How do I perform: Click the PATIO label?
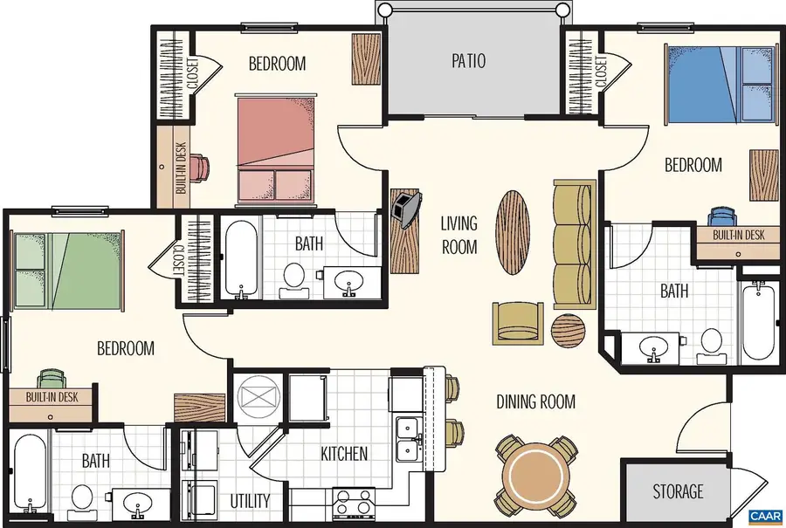pyautogui.click(x=468, y=61)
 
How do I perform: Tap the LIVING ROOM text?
pyautogui.click(x=458, y=235)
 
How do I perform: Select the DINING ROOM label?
pyautogui.click(x=535, y=401)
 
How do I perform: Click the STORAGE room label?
pyautogui.click(x=678, y=492)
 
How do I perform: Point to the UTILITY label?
pyautogui.click(x=251, y=501)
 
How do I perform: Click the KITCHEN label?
pyautogui.click(x=343, y=454)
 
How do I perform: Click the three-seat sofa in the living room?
pyautogui.click(x=574, y=236)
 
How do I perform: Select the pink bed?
pyautogui.click(x=275, y=148)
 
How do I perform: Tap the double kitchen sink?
pyautogui.click(x=408, y=439)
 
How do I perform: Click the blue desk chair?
pyautogui.click(x=721, y=217)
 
